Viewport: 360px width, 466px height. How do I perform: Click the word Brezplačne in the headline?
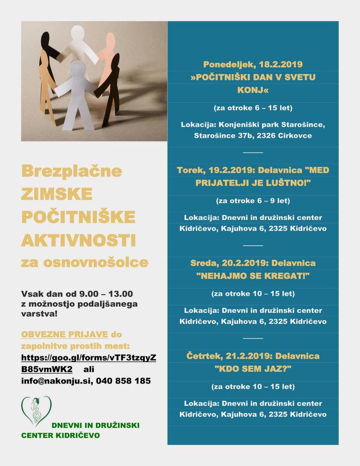tap(71, 171)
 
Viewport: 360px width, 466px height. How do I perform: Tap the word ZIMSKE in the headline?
tap(56, 194)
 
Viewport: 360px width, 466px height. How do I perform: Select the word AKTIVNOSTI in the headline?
tap(78, 240)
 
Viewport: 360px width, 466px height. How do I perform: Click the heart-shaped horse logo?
tap(36, 410)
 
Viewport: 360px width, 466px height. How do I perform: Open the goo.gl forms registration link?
tap(88, 363)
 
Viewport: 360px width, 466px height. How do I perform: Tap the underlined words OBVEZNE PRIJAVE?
tap(65, 334)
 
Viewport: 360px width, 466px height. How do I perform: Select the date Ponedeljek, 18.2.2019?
tap(253, 65)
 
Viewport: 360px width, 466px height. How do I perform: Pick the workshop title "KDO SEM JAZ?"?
tap(253, 369)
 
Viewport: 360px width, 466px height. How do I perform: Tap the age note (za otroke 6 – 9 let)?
tap(253, 201)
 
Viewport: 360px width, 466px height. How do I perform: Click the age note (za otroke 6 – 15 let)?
tap(253, 108)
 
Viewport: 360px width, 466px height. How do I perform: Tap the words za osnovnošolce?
tap(85, 263)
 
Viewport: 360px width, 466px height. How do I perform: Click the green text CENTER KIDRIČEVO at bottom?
tap(61, 436)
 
